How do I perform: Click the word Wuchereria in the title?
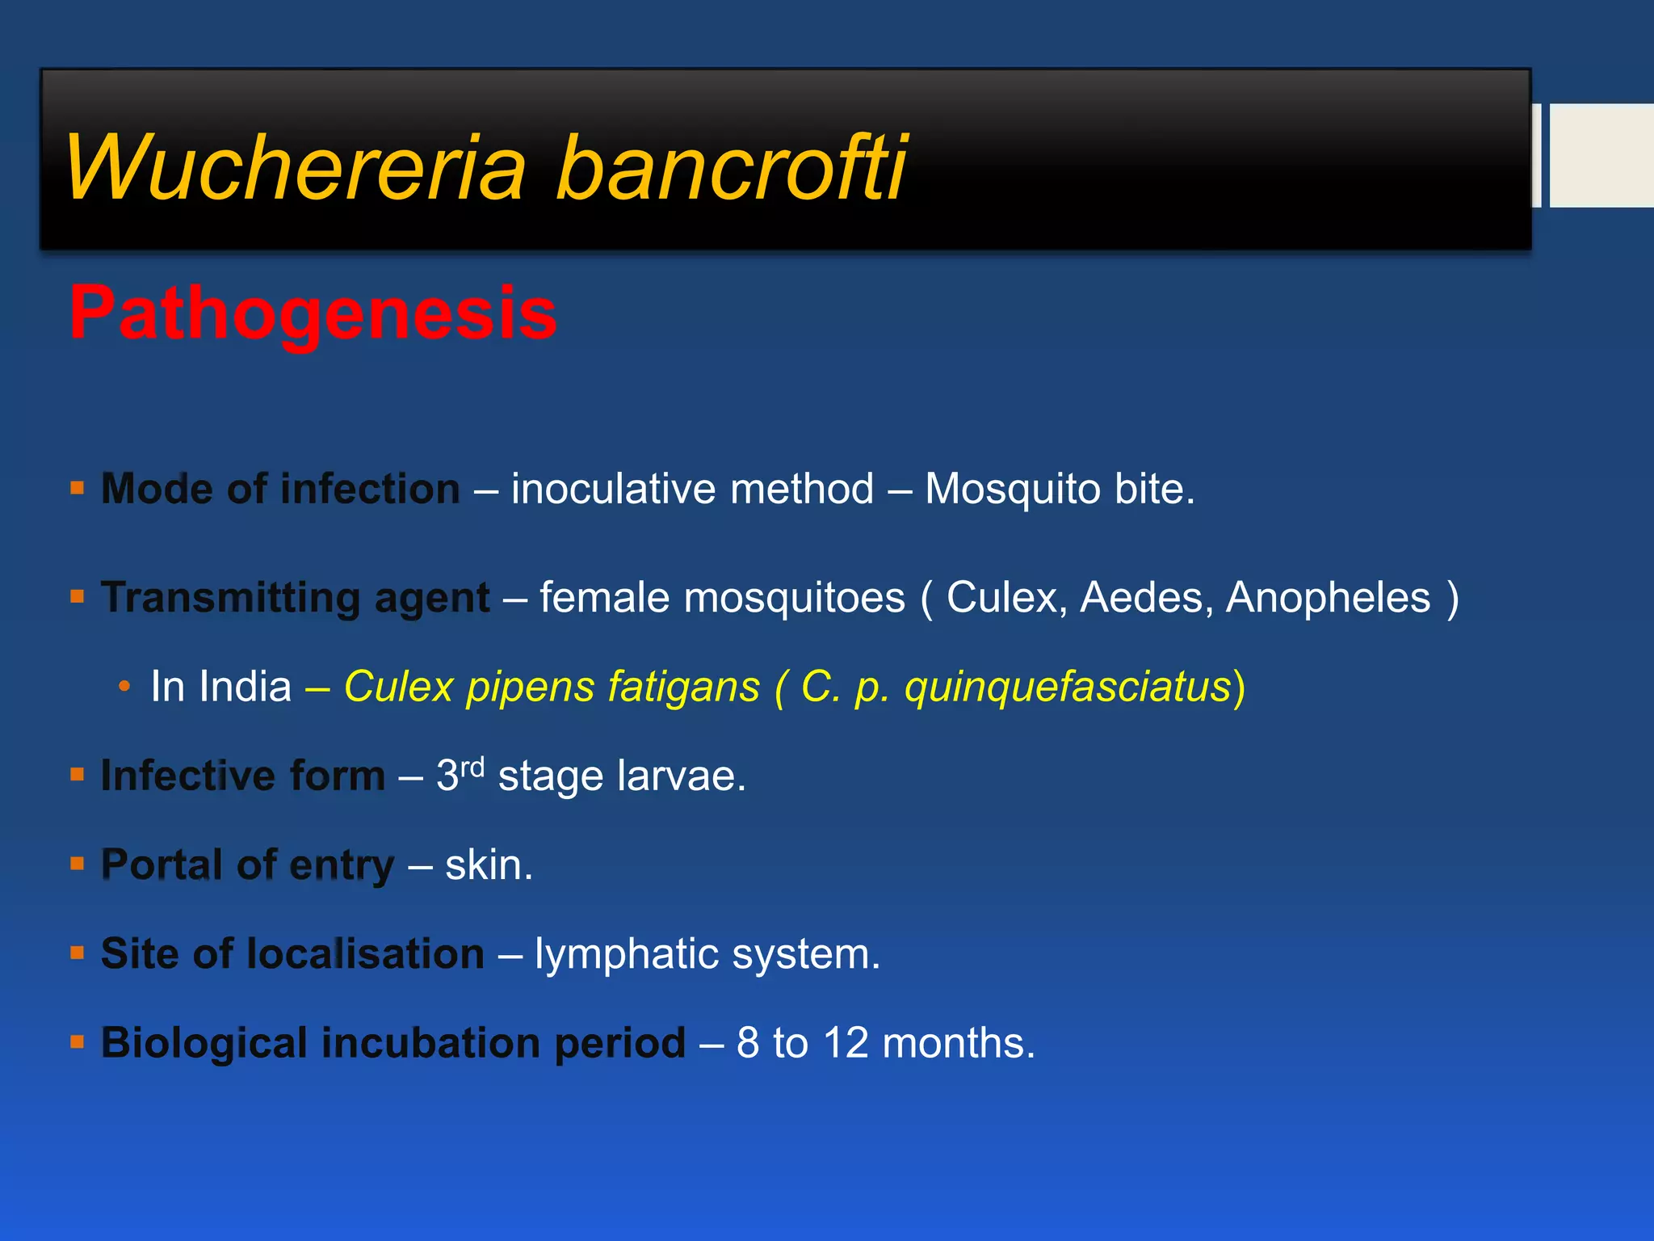[x=296, y=168]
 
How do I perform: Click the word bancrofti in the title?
[x=731, y=168]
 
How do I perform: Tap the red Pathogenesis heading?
[x=313, y=313]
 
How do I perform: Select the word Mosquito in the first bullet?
[x=1012, y=490]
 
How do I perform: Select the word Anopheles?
[x=1328, y=599]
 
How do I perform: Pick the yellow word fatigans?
[x=683, y=688]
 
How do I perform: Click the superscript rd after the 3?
[x=472, y=766]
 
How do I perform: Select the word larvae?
[x=681, y=776]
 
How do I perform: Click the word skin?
[x=488, y=865]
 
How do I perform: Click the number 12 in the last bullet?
[x=846, y=1043]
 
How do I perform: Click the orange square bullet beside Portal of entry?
[x=78, y=864]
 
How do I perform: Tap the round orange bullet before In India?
[x=124, y=688]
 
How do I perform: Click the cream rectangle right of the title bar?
[x=1601, y=155]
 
